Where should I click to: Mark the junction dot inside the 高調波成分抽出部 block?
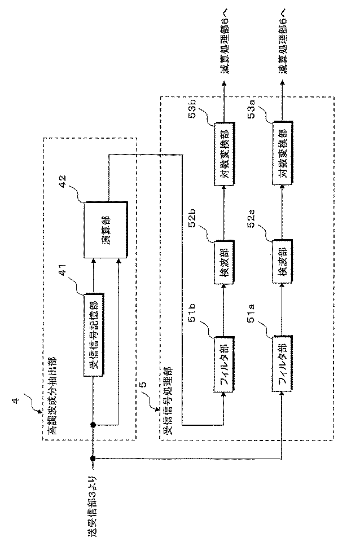[x=93, y=424]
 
